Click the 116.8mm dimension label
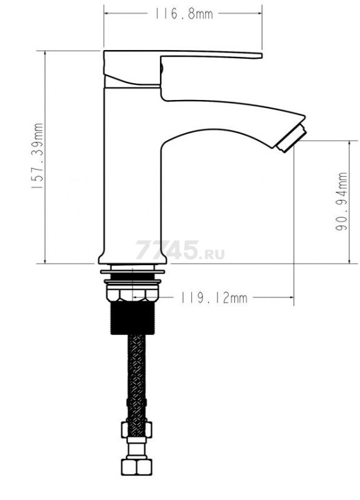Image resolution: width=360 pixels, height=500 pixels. [184, 14]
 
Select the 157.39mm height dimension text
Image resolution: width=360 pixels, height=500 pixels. [37, 156]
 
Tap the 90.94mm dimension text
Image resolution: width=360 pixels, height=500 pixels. [341, 201]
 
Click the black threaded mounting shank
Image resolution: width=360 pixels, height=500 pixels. [132, 317]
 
